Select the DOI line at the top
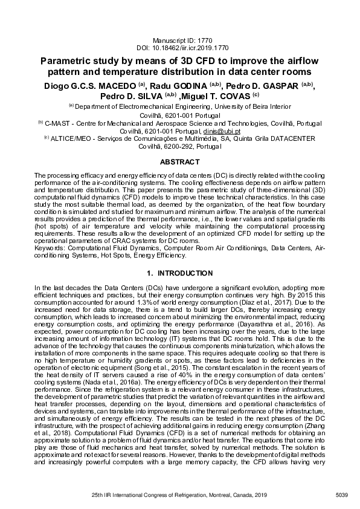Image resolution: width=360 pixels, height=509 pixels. tap(179, 46)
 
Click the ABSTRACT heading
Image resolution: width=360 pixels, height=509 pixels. tap(179, 163)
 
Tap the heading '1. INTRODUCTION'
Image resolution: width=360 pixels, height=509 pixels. tap(179, 273)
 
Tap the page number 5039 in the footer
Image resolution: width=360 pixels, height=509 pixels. tap(342, 496)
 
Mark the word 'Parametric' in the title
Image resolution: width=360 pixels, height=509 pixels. tap(70, 61)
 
